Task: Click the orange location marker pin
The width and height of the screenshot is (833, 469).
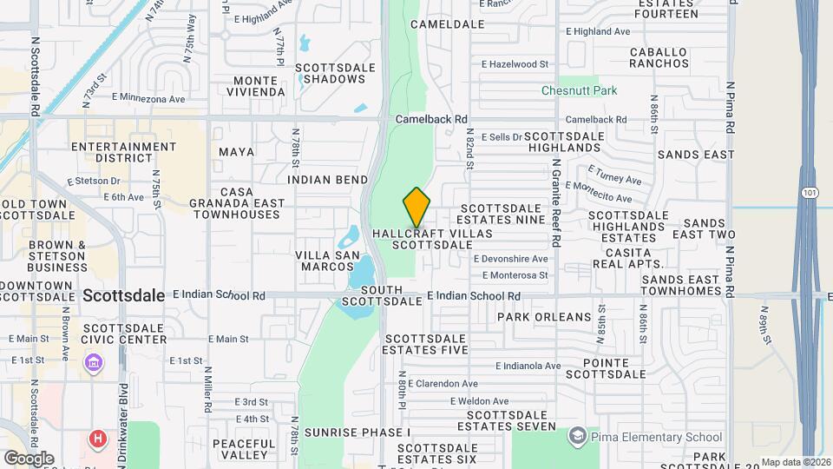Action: (416, 207)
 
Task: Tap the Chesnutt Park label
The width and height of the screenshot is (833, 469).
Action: (579, 90)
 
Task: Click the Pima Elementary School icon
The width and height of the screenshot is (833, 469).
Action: (577, 434)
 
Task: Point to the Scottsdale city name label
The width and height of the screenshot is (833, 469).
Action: (124, 295)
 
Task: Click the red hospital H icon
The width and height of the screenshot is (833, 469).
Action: (99, 439)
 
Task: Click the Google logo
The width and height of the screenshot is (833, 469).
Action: (29, 458)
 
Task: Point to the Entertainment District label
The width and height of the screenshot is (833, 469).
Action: (124, 153)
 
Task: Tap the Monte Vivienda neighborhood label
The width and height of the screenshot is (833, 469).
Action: (258, 85)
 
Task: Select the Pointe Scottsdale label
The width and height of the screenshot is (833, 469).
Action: (606, 368)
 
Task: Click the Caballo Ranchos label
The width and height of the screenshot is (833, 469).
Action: (659, 58)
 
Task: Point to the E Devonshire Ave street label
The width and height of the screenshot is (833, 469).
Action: (510, 259)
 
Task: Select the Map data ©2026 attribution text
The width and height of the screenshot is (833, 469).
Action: (795, 462)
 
